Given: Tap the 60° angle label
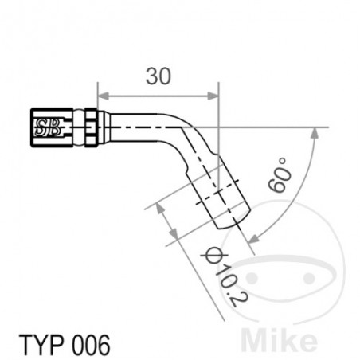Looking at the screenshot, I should tap(280, 175).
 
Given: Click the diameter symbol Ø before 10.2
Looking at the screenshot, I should tap(211, 254).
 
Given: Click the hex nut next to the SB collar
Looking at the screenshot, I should tap(92, 125).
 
